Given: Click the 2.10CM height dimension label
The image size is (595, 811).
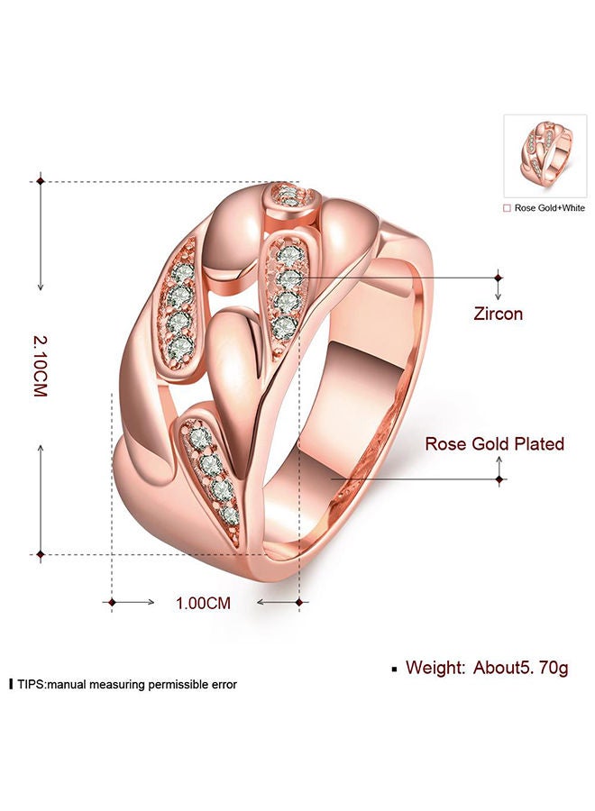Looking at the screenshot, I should coord(40,368).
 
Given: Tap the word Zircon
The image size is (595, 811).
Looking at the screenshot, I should coord(498,314).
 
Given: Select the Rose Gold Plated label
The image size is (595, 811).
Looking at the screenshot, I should coord(495,443).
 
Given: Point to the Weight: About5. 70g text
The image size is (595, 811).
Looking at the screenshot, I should coord(487,668).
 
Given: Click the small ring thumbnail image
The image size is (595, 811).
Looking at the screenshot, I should coord(545,156).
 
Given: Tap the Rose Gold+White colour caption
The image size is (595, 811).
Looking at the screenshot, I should coord(550,208).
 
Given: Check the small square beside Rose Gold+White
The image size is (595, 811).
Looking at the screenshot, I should coord(508,208).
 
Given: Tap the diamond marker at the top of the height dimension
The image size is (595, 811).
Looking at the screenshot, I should coord(41,181).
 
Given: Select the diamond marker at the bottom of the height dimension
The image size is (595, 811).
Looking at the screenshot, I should coord(41,553).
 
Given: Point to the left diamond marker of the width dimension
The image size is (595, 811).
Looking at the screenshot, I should coord(112,601).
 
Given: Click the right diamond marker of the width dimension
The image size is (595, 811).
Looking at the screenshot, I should coord(300,601).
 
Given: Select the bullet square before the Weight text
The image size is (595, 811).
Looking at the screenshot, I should coord(394,670).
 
